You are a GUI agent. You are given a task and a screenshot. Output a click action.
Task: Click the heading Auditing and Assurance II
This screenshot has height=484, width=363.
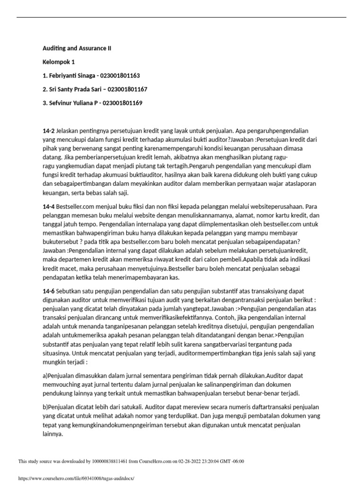77,48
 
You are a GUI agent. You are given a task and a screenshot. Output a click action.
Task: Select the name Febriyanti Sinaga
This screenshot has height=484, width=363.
72,76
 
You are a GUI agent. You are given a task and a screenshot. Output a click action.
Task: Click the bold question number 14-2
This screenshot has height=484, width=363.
48,130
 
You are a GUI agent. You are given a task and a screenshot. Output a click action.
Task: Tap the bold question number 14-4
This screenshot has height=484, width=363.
48,207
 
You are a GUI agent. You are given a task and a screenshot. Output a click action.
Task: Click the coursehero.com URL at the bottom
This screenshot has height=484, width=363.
76,478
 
